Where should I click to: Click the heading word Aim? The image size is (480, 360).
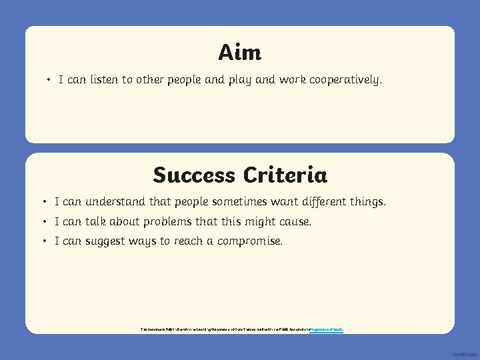[x=239, y=52]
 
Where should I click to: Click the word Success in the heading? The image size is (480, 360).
[x=194, y=175]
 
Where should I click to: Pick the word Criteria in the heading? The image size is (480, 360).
[x=285, y=175]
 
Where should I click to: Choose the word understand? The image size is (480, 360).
[x=119, y=201]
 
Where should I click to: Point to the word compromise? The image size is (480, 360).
[x=249, y=241]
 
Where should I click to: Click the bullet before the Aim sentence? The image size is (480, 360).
[x=49, y=81]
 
